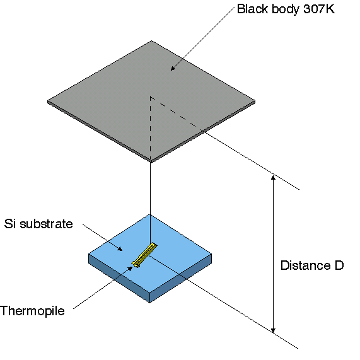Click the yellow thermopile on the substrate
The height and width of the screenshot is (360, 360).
tap(144, 255)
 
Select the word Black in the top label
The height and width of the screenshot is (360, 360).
tap(253, 9)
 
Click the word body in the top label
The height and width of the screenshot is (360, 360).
tap(286, 10)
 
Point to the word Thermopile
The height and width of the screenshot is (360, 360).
tap(32, 311)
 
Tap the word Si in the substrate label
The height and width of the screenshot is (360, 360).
tap(10, 224)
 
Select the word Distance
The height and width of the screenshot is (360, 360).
tap(306, 265)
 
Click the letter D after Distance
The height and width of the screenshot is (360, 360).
tap(339, 265)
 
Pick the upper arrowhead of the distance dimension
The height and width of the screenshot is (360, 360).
tap(273, 177)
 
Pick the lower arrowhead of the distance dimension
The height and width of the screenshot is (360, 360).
tap(273, 330)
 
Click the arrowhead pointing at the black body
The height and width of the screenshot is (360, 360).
tap(173, 68)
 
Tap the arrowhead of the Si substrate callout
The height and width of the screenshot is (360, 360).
tap(120, 249)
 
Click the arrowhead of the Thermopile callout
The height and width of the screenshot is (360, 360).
tap(131, 269)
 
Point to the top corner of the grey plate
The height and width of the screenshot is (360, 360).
tap(151, 41)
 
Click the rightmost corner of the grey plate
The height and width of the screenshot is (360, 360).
tap(255, 102)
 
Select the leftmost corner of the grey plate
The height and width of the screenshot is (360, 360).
tap(48, 102)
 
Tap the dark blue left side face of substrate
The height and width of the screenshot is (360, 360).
tap(119, 278)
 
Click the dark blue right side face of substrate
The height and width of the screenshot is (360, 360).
tap(181, 278)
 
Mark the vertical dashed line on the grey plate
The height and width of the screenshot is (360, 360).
tap(151, 127)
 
